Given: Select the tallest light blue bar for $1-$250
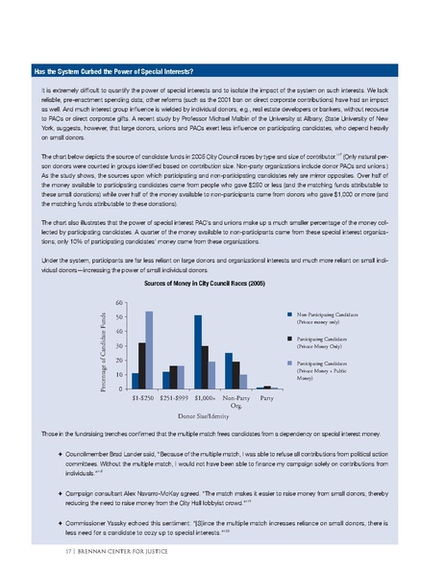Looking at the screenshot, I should [149, 350].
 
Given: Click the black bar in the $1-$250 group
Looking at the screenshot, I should [141, 364].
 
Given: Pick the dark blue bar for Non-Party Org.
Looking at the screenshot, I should [228, 370].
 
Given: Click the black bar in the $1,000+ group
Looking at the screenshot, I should [205, 366].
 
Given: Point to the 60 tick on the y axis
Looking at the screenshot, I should [120, 303].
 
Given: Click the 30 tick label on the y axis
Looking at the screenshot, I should [120, 345].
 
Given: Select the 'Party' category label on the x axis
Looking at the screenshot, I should [266, 396].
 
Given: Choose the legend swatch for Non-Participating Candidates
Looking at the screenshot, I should [288, 313].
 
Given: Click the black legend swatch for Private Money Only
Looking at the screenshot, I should [288, 338].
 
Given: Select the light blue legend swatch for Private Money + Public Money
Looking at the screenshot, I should [288, 364].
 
